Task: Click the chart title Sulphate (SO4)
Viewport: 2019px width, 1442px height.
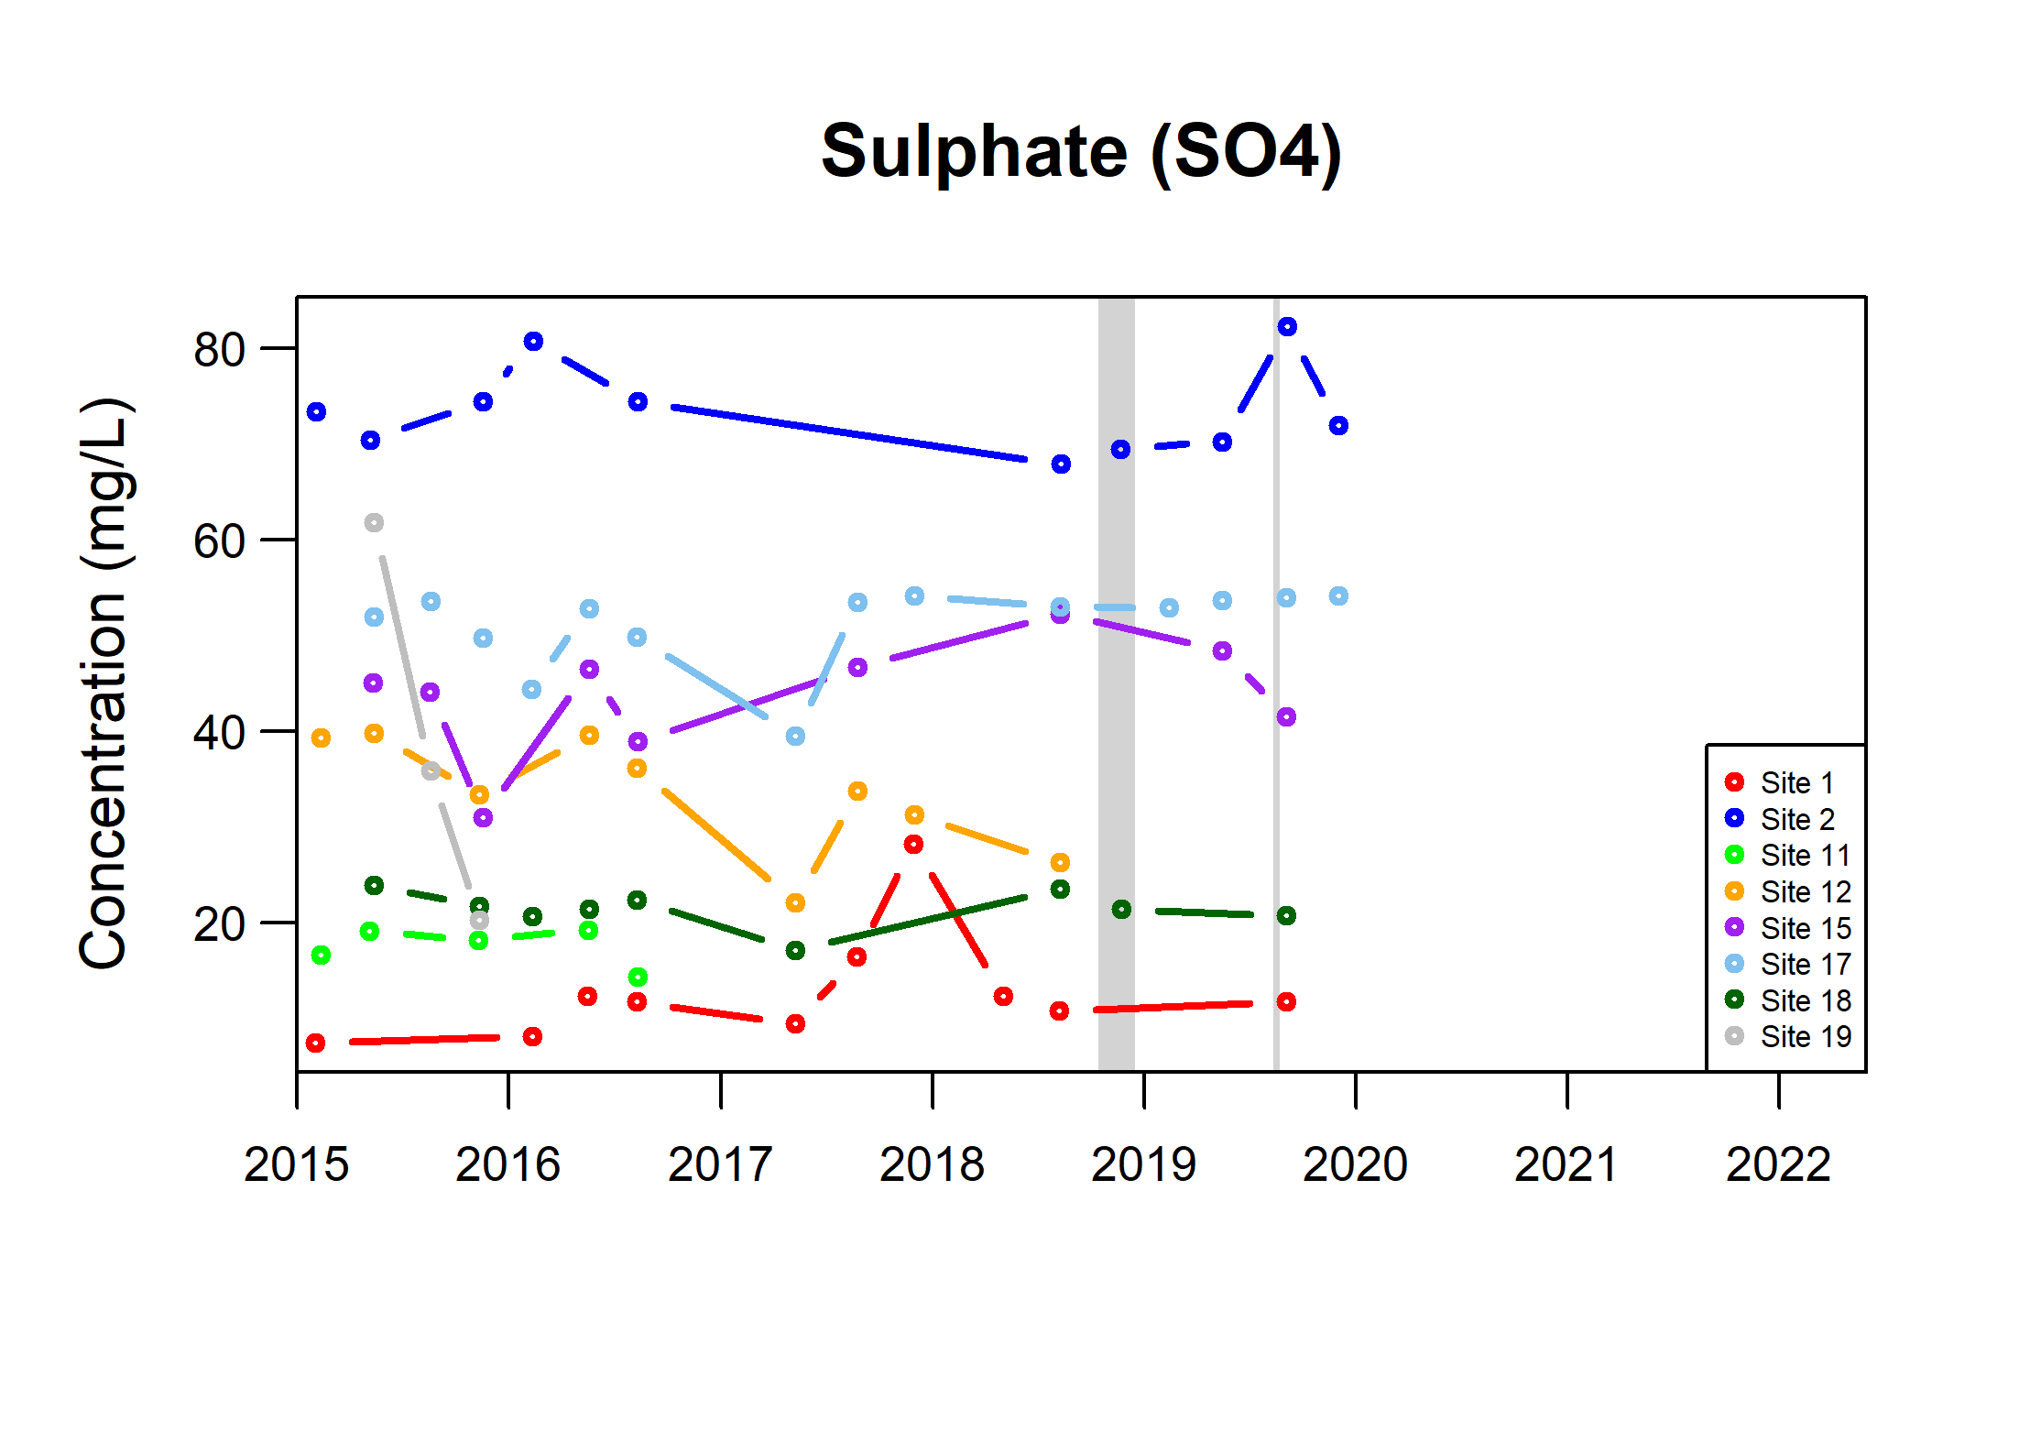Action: click(x=1081, y=152)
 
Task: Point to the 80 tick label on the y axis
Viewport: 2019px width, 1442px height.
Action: click(x=219, y=350)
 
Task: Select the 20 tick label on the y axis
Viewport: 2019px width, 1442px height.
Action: click(x=219, y=924)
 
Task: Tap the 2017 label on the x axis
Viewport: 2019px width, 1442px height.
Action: click(x=720, y=1165)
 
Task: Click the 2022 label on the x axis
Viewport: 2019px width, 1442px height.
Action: click(x=1778, y=1165)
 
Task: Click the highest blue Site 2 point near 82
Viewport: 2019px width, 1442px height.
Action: click(x=1287, y=327)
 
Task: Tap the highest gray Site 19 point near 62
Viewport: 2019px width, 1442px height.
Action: click(x=374, y=523)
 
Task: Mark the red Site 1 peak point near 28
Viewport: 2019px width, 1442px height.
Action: click(x=913, y=845)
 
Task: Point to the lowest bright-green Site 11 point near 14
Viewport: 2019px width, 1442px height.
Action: click(x=638, y=978)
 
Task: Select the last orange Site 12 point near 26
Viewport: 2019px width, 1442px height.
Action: click(x=1060, y=863)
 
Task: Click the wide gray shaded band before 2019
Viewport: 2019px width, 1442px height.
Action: click(x=1116, y=683)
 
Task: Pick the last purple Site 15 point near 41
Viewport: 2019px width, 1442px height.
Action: click(x=1286, y=717)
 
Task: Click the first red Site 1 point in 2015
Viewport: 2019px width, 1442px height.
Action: click(x=315, y=1043)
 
